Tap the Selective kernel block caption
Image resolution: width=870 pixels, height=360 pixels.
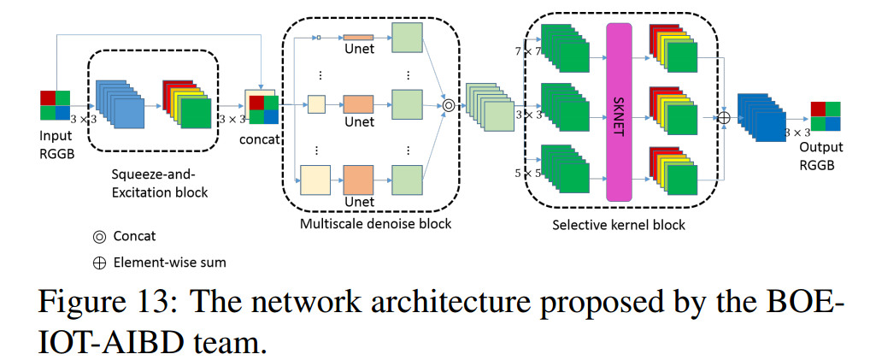(x=619, y=225)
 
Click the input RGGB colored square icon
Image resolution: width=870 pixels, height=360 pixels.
(x=55, y=105)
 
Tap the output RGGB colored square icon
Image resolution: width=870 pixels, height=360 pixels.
(x=826, y=116)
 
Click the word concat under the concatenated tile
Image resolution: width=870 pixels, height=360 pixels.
(x=261, y=140)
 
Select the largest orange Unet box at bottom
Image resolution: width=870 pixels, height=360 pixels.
(x=359, y=180)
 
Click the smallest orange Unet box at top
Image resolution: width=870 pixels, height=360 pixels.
(x=359, y=38)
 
